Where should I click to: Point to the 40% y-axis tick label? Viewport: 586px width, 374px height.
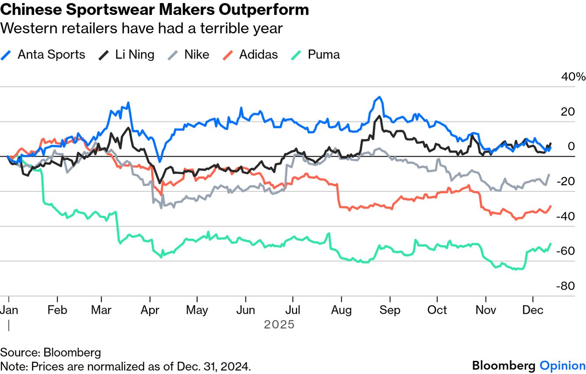573,77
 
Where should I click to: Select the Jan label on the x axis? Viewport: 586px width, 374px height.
9,310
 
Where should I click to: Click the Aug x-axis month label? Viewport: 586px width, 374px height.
342,310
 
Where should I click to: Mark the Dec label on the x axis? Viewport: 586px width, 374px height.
532,310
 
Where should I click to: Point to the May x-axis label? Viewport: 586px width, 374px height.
197,310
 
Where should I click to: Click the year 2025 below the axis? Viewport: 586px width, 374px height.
279,325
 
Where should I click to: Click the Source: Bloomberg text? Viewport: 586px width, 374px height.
50,352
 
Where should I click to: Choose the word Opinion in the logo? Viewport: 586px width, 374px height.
562,366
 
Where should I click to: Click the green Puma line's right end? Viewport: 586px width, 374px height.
550,244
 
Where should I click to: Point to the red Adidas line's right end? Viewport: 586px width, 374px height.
550,206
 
